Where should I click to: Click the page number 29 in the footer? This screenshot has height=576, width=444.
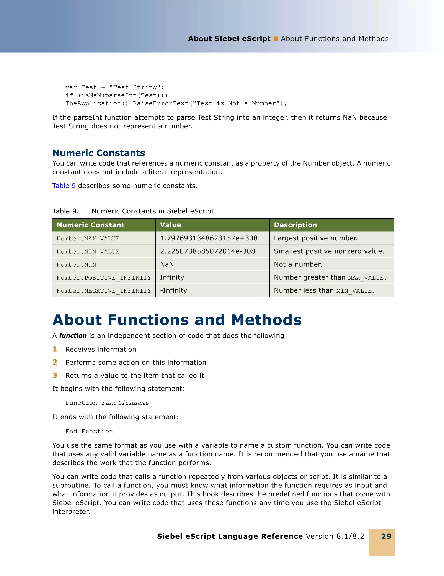(x=386, y=536)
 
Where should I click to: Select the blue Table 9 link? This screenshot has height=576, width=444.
(x=64, y=186)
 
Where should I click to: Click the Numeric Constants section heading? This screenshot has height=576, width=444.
(x=99, y=153)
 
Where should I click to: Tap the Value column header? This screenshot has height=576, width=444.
(x=170, y=225)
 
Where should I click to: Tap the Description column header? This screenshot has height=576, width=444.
(x=295, y=225)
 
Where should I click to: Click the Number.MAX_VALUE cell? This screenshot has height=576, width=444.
(x=88, y=238)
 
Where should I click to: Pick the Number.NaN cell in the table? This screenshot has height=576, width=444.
(x=76, y=264)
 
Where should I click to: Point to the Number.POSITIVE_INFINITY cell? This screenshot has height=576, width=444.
(x=104, y=278)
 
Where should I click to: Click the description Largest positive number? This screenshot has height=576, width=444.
(x=316, y=238)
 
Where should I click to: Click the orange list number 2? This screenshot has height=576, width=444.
(x=55, y=362)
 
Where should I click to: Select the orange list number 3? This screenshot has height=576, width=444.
(x=55, y=375)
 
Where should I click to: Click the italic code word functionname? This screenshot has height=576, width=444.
(x=125, y=403)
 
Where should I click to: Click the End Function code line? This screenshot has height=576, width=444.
(x=89, y=431)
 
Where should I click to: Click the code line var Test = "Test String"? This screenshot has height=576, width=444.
(x=115, y=87)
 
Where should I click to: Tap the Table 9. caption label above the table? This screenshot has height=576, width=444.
(x=65, y=211)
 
